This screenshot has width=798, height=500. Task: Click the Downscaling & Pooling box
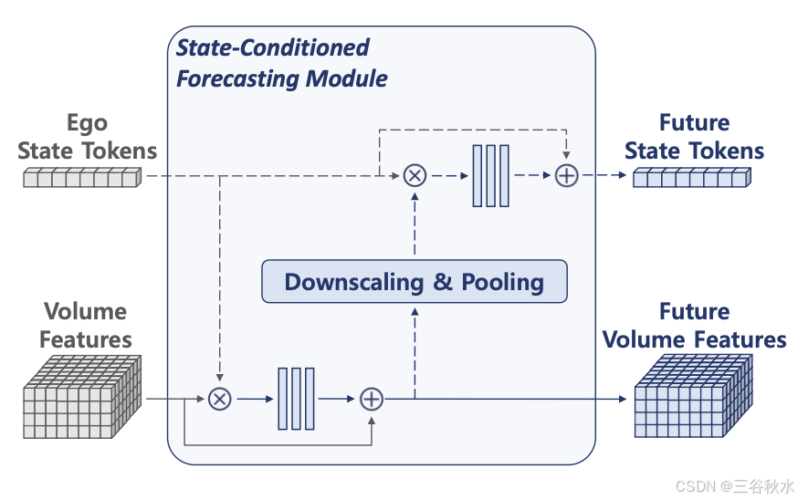pyautogui.click(x=415, y=282)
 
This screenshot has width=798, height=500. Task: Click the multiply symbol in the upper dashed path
pyautogui.click(x=415, y=175)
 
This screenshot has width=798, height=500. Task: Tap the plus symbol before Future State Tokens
pyautogui.click(x=567, y=175)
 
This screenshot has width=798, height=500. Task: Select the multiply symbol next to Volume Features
pyautogui.click(x=219, y=399)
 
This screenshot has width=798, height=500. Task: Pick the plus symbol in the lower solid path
pyautogui.click(x=372, y=399)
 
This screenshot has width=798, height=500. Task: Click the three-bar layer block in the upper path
pyautogui.click(x=490, y=175)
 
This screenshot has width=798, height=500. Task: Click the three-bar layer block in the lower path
pyautogui.click(x=296, y=399)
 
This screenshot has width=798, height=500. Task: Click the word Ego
pyautogui.click(x=87, y=123)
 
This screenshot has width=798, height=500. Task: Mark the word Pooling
pyautogui.click(x=502, y=282)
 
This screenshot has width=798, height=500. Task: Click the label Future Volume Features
pyautogui.click(x=695, y=326)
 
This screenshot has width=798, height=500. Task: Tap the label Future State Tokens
pyautogui.click(x=695, y=137)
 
